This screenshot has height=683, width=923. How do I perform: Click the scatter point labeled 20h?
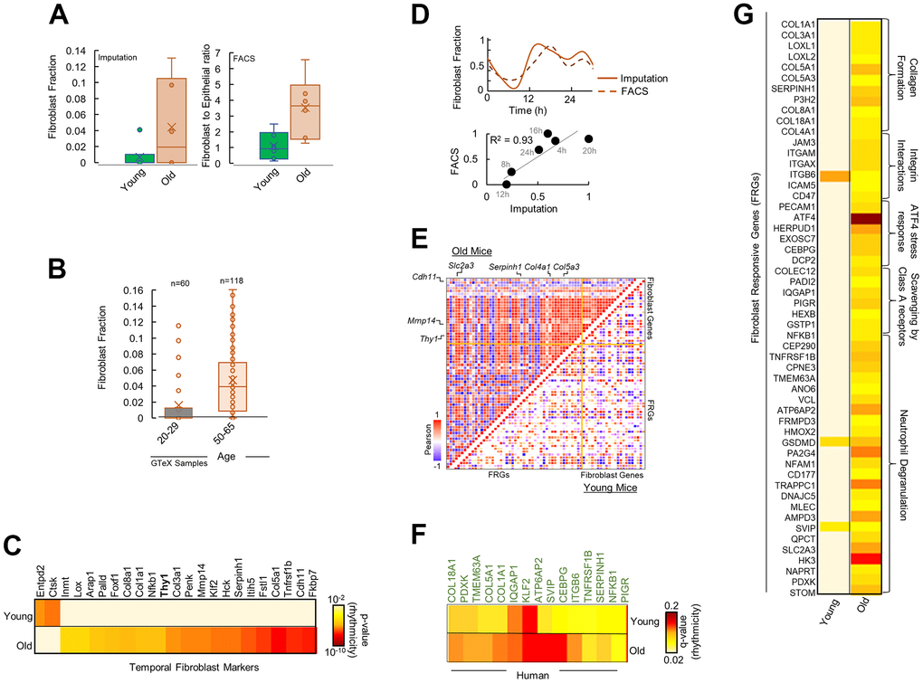589,138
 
